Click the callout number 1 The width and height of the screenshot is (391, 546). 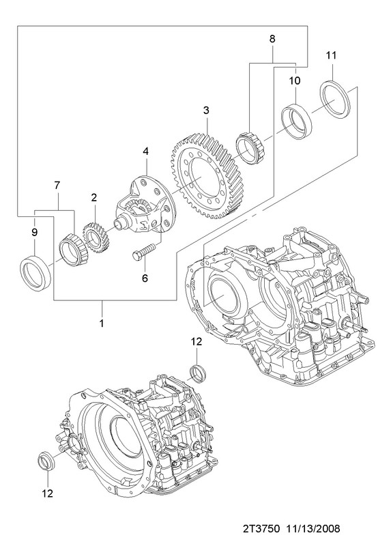pyautogui.click(x=102, y=323)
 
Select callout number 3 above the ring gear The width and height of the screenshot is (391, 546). pyautogui.click(x=207, y=110)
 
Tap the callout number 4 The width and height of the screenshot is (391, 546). pyautogui.click(x=145, y=151)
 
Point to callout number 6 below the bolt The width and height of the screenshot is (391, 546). pyautogui.click(x=145, y=278)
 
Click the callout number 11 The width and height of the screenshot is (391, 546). pyautogui.click(x=332, y=55)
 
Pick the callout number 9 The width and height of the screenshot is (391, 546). pyautogui.click(x=35, y=232)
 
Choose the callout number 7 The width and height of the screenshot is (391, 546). pyautogui.click(x=57, y=185)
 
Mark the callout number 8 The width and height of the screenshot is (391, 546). pyautogui.click(x=272, y=39)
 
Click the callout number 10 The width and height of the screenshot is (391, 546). pyautogui.click(x=295, y=81)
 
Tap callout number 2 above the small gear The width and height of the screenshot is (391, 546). pyautogui.click(x=94, y=197)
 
